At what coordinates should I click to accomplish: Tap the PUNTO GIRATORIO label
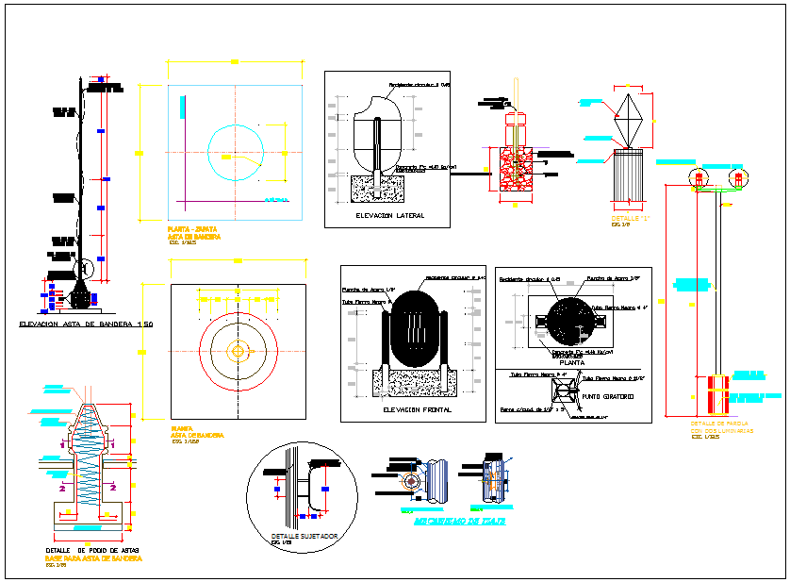click(609, 396)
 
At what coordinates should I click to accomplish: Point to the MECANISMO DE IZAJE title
click(460, 521)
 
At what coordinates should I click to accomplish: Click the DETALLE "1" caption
click(632, 219)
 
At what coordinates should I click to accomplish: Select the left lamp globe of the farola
click(700, 178)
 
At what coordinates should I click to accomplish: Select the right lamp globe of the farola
click(739, 178)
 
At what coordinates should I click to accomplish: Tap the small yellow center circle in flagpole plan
click(238, 351)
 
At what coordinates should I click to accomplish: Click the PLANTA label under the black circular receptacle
click(572, 361)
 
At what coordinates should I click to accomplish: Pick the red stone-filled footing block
click(515, 171)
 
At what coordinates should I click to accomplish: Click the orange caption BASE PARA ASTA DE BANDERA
click(93, 558)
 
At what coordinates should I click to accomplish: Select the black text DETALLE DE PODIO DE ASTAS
click(93, 550)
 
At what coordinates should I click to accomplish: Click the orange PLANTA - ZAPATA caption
click(193, 229)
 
